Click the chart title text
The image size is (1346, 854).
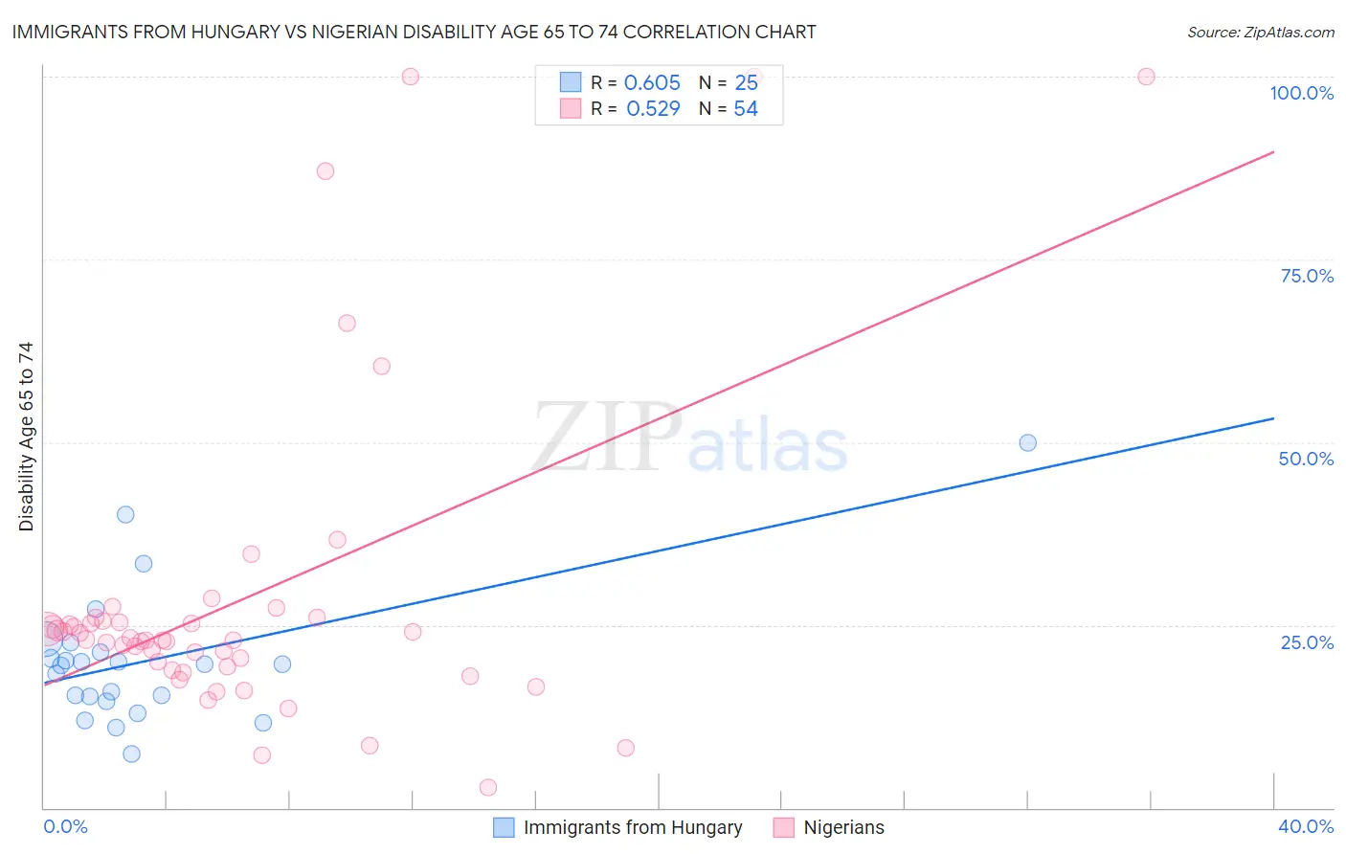pos(414,32)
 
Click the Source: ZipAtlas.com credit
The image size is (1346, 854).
pos(1260,32)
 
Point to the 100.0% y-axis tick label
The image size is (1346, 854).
pos(1301,93)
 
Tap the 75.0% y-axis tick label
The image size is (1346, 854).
pos(1307,276)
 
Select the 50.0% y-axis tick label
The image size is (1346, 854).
pos(1306,459)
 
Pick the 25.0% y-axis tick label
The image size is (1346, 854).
pos(1307,641)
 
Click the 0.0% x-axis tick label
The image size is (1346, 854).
pos(65,826)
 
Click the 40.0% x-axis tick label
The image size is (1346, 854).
pos(1305,826)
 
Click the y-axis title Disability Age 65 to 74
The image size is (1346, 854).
pos(26,437)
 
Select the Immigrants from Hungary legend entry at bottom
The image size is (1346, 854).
pos(632,827)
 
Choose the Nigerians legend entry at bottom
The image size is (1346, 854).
pos(843,827)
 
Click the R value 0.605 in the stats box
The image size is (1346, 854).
pos(652,83)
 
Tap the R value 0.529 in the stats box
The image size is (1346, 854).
pos(653,109)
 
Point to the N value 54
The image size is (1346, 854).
pos(746,109)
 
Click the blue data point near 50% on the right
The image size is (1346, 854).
pos(1027,442)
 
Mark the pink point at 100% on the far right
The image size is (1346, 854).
pos(1146,77)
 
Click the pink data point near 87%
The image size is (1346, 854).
pos(325,171)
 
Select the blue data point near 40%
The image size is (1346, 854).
pos(125,514)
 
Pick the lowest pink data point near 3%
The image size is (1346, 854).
pos(488,787)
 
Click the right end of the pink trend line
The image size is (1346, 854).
pos(1273,151)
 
